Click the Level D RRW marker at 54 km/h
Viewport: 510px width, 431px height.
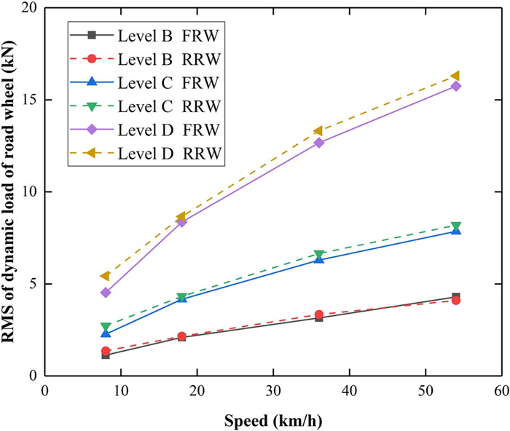click(x=455, y=76)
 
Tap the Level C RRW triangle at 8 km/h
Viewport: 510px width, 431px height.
click(x=106, y=327)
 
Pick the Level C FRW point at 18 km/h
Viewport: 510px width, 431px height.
click(x=181, y=298)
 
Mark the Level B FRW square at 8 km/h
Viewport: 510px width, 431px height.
click(x=106, y=355)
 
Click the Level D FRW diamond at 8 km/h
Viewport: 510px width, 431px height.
click(x=106, y=292)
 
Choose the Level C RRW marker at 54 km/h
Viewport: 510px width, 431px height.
click(x=455, y=226)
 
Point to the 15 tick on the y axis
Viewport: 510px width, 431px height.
click(x=45, y=100)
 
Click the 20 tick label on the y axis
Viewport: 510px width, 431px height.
click(x=29, y=8)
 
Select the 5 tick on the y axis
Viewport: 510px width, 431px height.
click(x=45, y=284)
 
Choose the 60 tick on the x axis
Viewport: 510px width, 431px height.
click(x=501, y=376)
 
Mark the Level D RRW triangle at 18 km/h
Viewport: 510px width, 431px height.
click(x=181, y=217)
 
